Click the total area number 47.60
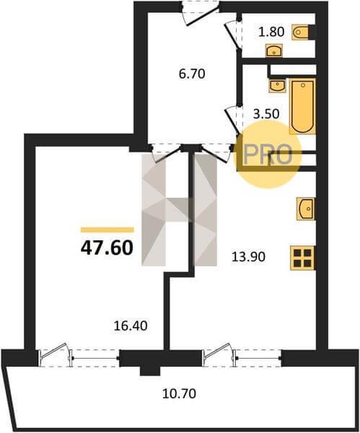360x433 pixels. point(107,248)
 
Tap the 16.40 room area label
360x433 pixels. point(131,326)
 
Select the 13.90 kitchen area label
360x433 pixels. point(248,257)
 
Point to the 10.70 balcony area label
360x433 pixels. point(180,393)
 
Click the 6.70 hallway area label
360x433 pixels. point(192,74)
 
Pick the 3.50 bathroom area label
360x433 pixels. point(266,114)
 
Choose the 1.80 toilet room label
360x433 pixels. point(271,32)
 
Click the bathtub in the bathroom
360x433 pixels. point(302,106)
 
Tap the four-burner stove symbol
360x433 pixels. point(302,258)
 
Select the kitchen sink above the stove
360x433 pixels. point(306,209)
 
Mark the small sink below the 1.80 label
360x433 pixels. point(273,51)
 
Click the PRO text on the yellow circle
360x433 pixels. point(268,154)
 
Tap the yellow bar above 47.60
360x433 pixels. point(107,229)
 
